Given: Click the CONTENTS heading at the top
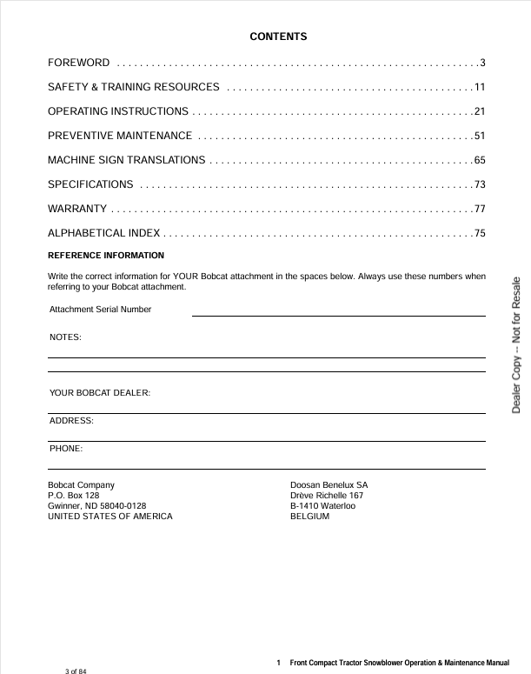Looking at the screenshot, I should click(x=278, y=37).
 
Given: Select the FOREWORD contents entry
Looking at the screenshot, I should click(x=78, y=63).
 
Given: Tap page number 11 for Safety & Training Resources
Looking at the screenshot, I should click(x=479, y=87).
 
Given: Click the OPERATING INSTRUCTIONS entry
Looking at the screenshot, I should click(x=117, y=111).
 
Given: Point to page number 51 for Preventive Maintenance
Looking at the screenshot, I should click(x=479, y=136).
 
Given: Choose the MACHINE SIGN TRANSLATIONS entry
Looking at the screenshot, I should click(x=126, y=160).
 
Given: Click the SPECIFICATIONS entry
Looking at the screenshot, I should click(x=90, y=184).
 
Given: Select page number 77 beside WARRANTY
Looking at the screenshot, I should click(x=479, y=209).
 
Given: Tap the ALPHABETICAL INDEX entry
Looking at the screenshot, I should click(x=103, y=233).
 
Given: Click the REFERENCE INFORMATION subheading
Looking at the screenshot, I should click(x=105, y=256).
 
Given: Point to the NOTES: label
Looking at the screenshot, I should click(x=66, y=337).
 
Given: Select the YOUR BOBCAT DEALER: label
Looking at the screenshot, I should click(x=100, y=393).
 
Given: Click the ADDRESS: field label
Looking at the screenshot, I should click(x=71, y=421).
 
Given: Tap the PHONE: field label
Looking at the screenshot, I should click(x=66, y=449).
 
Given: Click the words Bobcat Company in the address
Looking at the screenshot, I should click(x=81, y=484).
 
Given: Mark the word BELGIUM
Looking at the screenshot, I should click(x=309, y=517).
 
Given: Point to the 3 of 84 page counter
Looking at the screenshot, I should click(x=76, y=671).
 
